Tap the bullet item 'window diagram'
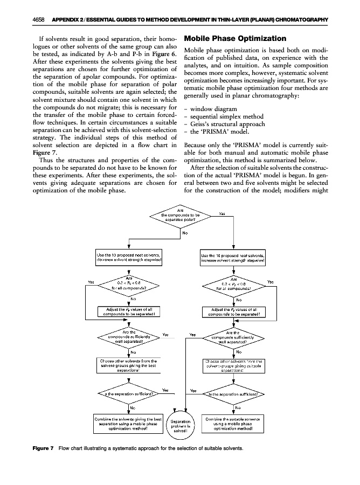coord(210,108)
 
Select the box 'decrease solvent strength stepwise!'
coord(129,257)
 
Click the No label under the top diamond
coord(185,234)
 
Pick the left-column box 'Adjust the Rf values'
coord(129,311)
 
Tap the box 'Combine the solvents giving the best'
coord(129,424)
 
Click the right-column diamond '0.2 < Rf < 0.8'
coord(233,284)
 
